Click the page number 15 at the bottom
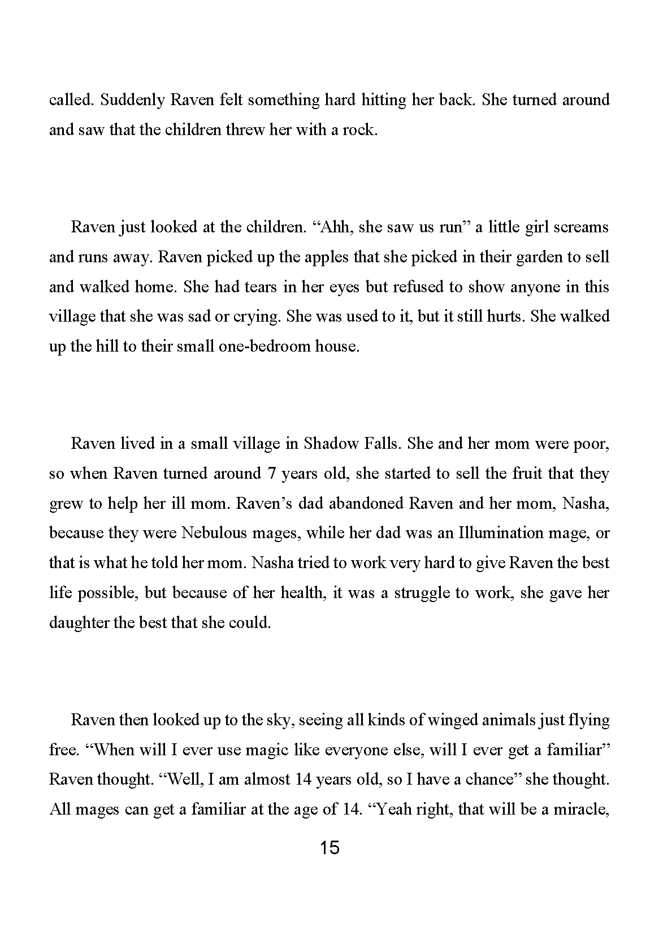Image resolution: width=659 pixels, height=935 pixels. click(329, 848)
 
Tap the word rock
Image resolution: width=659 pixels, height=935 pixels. click(360, 130)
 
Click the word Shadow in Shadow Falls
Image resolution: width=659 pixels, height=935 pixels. click(331, 444)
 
